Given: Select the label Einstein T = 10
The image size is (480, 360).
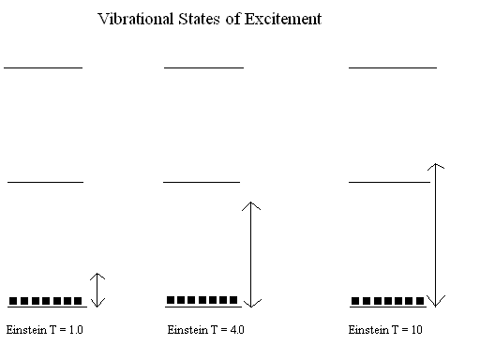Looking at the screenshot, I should pos(383,330).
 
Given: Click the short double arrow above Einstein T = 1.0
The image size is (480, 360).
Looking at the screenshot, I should pos(98,290).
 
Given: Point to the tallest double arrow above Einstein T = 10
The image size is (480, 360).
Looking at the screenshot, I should pos(436,234).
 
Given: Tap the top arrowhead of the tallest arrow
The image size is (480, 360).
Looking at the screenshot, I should pos(436,165).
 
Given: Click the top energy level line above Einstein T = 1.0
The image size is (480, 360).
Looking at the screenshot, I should pos(43,67).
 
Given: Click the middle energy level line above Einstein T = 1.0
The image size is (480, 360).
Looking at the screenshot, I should pos(45,181).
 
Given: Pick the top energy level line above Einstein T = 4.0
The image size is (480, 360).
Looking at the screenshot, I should pos(203,67).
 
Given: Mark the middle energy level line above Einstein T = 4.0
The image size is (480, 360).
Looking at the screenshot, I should pos(202,181).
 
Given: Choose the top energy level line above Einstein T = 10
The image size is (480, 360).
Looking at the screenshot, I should pos(392,67).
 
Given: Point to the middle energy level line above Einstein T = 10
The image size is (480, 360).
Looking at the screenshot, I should pos(388,181).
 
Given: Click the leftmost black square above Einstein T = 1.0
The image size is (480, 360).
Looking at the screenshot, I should pos(13,301).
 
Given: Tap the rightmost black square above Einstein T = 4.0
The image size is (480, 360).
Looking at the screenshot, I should pos(233,300).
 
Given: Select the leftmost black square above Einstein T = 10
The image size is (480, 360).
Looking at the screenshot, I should pos(356,301).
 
